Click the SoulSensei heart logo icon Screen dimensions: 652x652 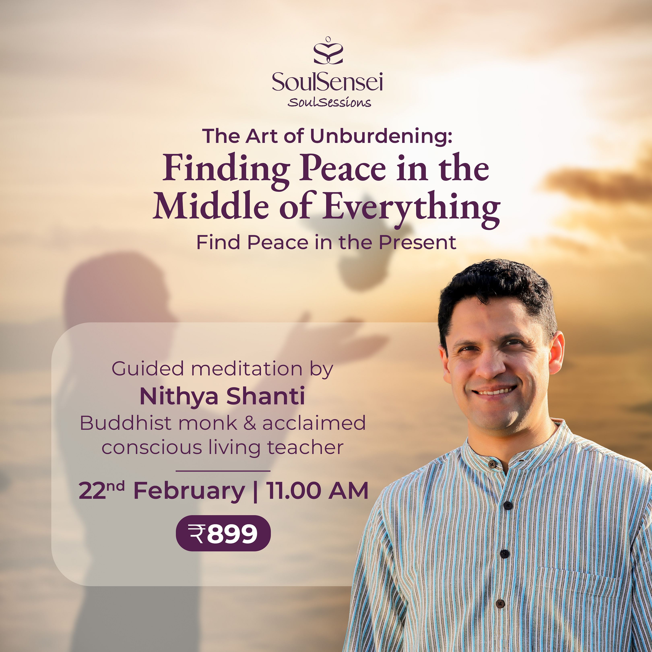328,51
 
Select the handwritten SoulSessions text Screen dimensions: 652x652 329,102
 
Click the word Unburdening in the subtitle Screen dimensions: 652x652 381,136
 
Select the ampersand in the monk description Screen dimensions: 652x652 250,423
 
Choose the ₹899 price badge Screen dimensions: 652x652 223,533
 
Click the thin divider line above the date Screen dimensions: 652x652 223,471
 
